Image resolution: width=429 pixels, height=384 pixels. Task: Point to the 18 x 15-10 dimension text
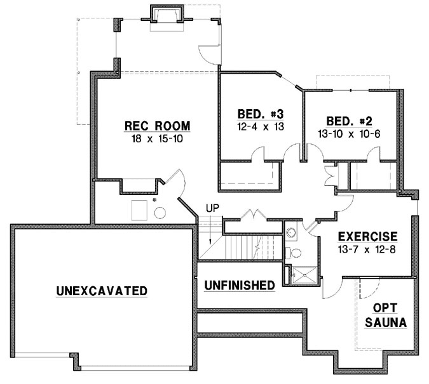[x=157, y=138]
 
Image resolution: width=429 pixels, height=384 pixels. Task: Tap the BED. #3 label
[x=260, y=114]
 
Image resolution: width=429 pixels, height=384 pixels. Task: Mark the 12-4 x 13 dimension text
[x=260, y=126]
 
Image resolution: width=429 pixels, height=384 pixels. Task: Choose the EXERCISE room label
[x=368, y=236]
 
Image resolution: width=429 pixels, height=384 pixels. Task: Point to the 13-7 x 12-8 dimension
[x=368, y=249]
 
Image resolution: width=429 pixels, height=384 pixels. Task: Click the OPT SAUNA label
[x=386, y=315]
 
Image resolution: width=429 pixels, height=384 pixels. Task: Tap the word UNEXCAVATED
[x=102, y=291]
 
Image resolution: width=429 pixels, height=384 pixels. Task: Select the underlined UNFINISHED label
[x=239, y=286]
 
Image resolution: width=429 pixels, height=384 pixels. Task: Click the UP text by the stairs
[x=212, y=208]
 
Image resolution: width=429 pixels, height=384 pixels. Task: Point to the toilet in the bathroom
[x=294, y=253]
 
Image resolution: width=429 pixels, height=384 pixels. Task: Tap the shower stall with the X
[x=306, y=274]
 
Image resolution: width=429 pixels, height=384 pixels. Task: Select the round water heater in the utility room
[x=160, y=213]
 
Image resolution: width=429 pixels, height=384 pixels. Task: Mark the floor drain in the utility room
[x=154, y=199]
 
